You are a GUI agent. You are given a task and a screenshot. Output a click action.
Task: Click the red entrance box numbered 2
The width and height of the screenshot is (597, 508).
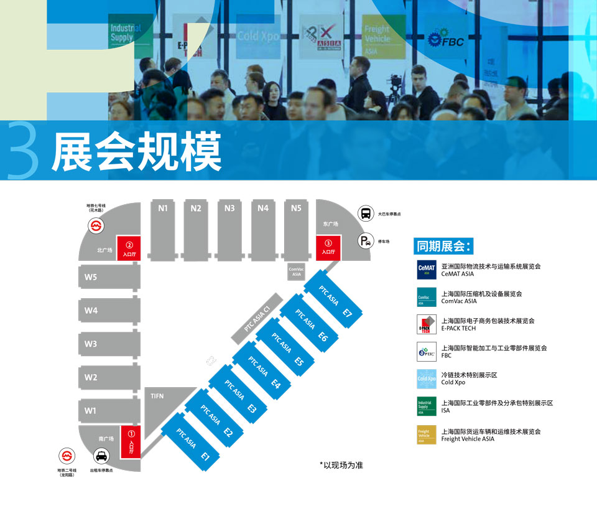click(x=129, y=250)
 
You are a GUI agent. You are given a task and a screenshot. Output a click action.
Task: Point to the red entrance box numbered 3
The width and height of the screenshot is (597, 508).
click(x=328, y=247)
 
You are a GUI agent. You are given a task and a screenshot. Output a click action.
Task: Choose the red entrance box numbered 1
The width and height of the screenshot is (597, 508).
click(x=131, y=441)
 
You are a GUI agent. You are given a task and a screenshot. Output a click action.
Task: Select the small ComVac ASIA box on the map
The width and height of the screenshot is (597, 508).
click(x=296, y=271)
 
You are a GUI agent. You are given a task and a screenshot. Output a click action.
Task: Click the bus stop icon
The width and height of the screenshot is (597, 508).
click(x=366, y=214)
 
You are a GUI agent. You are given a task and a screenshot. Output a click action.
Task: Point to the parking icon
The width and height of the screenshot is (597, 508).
click(x=366, y=241)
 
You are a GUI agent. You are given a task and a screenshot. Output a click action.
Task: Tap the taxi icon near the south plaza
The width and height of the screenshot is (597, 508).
click(x=101, y=457)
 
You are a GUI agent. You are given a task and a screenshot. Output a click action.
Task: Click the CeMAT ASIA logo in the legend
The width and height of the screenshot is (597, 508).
click(x=427, y=270)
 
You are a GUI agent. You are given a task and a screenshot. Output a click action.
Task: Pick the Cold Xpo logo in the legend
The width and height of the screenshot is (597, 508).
click(x=427, y=379)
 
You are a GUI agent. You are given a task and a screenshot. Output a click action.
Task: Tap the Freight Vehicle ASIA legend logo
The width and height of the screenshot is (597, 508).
click(x=427, y=434)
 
